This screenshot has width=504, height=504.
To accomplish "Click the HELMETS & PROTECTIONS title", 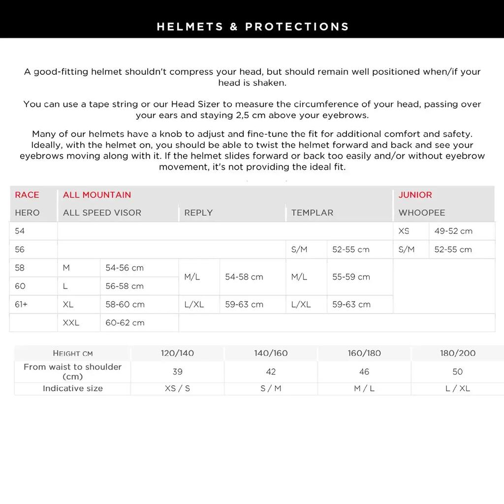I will pos(252,27).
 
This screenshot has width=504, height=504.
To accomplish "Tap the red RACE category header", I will pos(27,195).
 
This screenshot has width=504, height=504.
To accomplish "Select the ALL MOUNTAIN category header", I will pos(97,195).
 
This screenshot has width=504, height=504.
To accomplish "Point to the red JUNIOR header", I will pos(415,195).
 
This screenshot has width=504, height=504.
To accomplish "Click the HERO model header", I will pos(27,213).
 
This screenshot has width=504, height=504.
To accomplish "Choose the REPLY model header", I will pos(198,213).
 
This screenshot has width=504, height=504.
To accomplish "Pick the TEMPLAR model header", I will pos(312,213).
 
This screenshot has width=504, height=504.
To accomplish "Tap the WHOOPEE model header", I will pos(421,213).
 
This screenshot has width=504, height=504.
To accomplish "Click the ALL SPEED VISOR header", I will pos(102,213).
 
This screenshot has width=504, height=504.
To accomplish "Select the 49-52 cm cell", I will pos(453,231).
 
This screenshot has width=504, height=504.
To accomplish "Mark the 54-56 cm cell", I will pos(125,268).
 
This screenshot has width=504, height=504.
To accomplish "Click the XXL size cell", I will pos(71,323).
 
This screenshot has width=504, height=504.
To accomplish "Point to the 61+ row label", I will pos(21,304).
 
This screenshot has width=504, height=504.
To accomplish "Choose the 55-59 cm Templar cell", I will pos(351,277).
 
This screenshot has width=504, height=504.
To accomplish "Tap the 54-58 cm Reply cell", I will pos(244,277).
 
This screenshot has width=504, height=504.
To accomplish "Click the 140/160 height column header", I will pos(271,353).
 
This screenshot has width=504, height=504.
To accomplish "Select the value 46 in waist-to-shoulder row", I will pos(364,372).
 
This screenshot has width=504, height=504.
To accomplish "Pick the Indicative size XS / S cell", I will pos(177,388).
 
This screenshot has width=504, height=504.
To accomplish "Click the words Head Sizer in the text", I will pos(193,104).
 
